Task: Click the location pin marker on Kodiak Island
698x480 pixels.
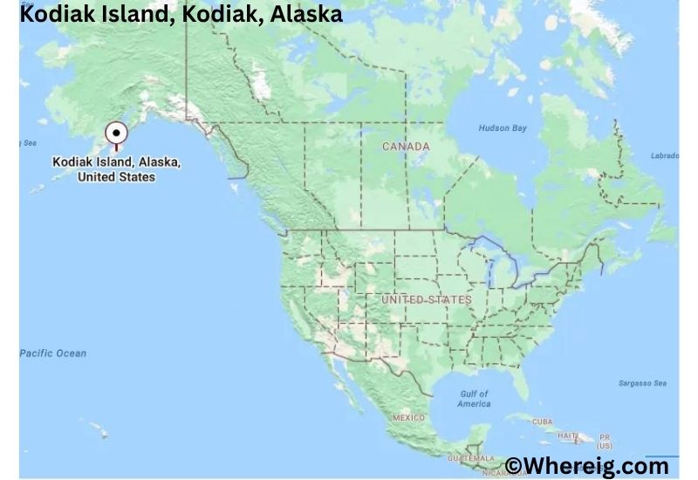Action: (x=115, y=134)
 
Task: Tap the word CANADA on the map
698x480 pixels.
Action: (x=406, y=147)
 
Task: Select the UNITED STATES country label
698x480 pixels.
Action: (x=426, y=299)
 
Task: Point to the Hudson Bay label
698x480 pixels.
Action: (x=503, y=128)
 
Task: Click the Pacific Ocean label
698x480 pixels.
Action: (x=53, y=353)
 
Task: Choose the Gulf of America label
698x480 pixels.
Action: (x=474, y=399)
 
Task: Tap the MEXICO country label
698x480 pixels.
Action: (x=408, y=418)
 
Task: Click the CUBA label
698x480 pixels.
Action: (x=542, y=422)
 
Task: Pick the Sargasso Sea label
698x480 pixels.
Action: (x=641, y=383)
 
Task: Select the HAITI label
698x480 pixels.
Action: (x=568, y=435)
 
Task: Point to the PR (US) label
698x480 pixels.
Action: (x=605, y=441)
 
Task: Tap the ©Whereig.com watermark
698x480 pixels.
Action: (x=587, y=465)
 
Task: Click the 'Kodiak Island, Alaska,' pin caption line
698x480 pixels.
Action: (x=116, y=162)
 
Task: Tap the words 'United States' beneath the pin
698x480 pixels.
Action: (x=116, y=177)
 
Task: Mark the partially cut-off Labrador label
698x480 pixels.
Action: (x=665, y=156)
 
